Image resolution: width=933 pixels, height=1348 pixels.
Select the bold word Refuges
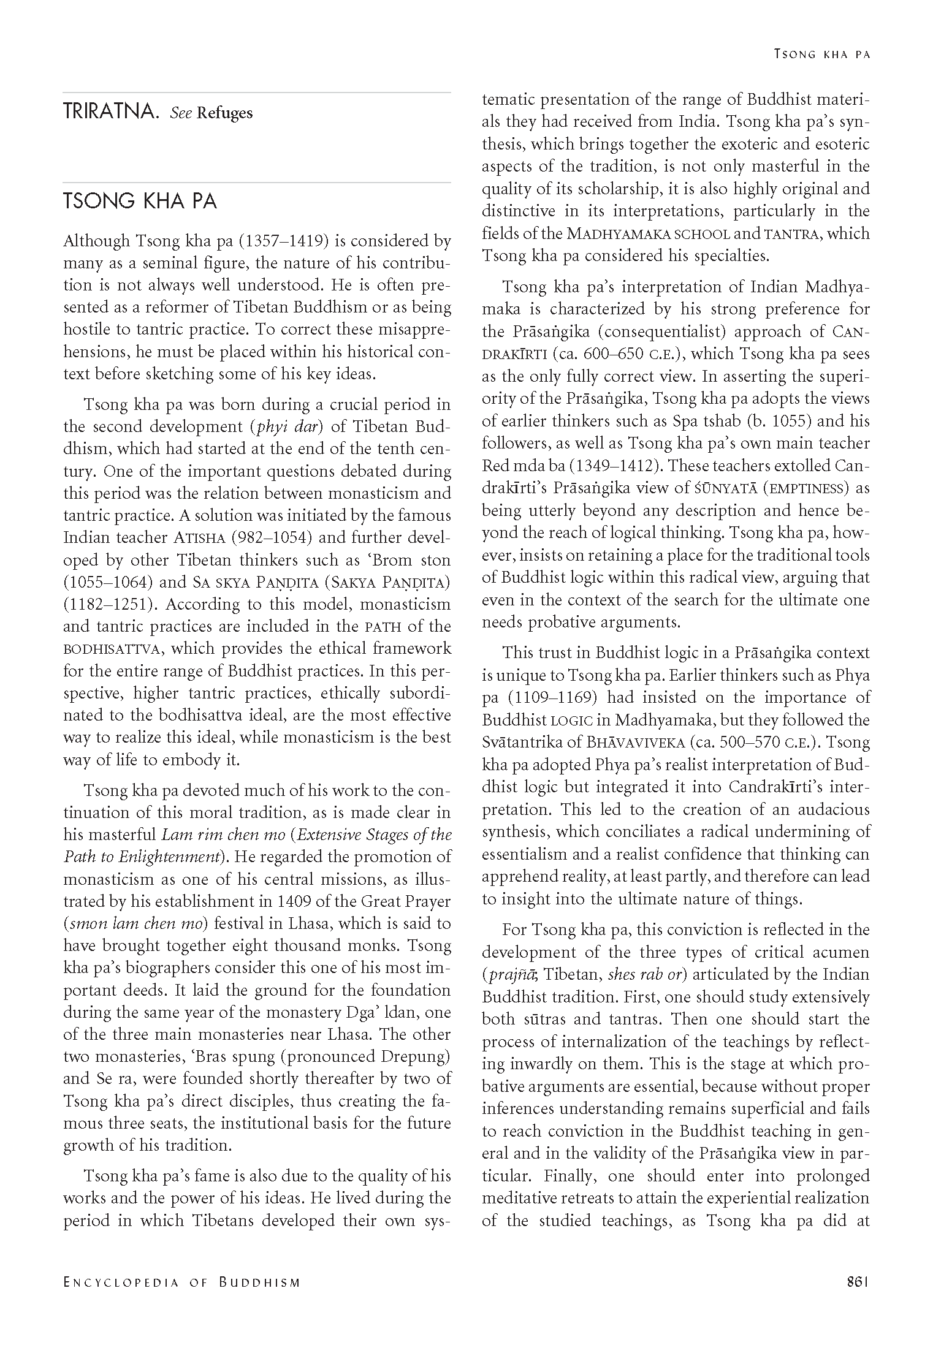[224, 113]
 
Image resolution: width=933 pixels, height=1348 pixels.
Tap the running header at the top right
[822, 54]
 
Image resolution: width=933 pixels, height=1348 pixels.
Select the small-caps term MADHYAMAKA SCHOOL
[649, 233]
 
